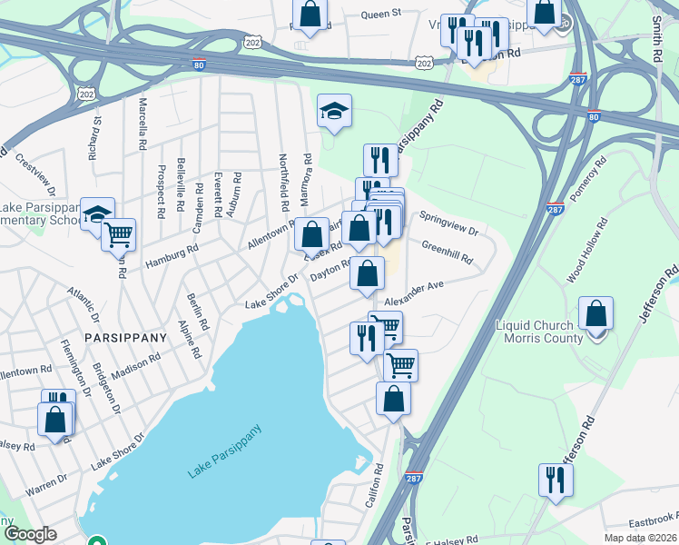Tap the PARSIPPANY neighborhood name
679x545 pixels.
pyautogui.click(x=125, y=337)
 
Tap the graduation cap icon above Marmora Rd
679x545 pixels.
pyautogui.click(x=333, y=112)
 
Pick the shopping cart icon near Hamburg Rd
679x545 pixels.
pyautogui.click(x=118, y=234)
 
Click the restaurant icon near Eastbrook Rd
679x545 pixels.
pyautogui.click(x=556, y=481)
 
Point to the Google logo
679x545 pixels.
pyautogui.click(x=30, y=534)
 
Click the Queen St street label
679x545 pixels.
pyautogui.click(x=380, y=15)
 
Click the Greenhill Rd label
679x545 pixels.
pyautogui.click(x=447, y=252)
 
